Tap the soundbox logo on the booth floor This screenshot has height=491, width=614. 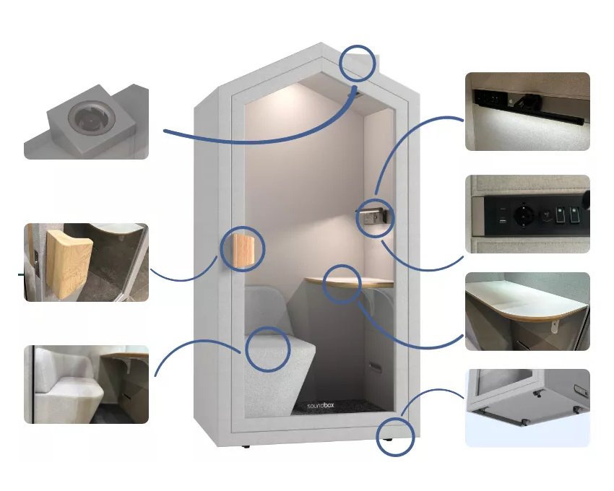(321, 406)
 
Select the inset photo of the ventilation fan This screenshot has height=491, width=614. (86, 122)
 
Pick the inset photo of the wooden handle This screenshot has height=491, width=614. (86, 262)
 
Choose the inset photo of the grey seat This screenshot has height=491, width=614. (86, 385)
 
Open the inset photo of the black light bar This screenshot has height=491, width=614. (527, 112)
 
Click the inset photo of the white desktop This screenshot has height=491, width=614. (527, 311)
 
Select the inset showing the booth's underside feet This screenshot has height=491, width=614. (527, 408)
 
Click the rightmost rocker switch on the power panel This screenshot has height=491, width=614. (574, 215)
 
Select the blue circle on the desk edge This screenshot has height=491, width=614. (324, 284)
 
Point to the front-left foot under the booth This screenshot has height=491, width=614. (246, 446)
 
